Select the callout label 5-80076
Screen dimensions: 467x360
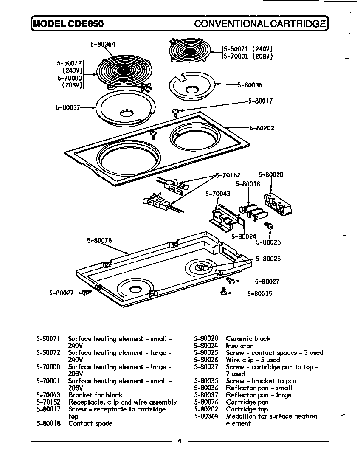tap(99, 240)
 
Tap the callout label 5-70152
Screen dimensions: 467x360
tap(228, 175)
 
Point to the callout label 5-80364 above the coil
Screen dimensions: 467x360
tap(103, 43)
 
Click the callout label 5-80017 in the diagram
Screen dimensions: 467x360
tap(260, 101)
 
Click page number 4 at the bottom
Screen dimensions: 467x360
tap(179, 441)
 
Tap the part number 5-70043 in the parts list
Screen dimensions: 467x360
tap(49, 395)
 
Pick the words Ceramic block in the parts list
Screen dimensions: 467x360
tap(248, 338)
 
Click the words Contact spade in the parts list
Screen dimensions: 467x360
tap(90, 423)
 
